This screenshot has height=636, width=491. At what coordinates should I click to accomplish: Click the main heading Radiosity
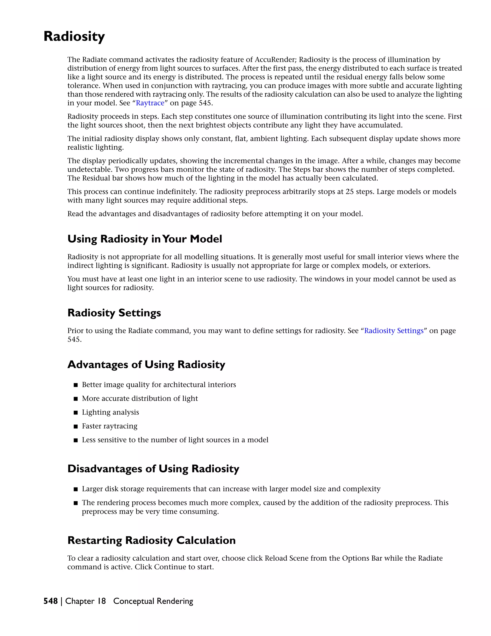point(74,37)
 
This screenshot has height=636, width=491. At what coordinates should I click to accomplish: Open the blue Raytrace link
point(150,103)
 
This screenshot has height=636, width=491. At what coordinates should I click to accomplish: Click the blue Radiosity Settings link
point(394,331)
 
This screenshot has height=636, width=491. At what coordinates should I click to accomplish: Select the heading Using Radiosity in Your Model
point(145,239)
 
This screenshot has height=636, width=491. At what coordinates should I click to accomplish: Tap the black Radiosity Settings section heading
point(114,313)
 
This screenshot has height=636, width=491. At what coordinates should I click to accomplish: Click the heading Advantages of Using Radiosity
point(146,365)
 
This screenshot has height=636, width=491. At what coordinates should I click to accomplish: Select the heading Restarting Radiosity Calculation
point(151,540)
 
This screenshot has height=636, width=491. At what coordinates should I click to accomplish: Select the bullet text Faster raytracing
point(109,426)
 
